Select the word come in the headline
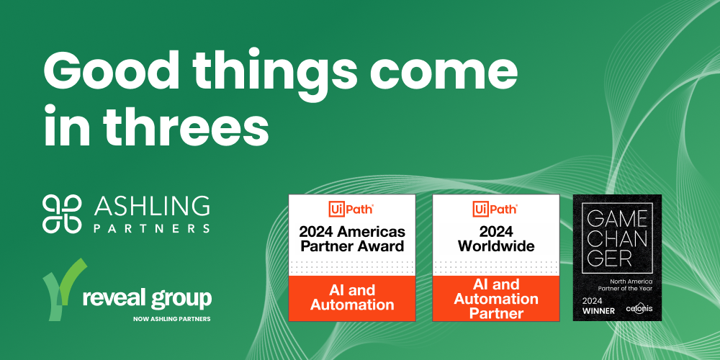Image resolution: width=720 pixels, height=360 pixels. pyautogui.click(x=446, y=73)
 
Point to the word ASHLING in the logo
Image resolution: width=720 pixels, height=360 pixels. pyautogui.click(x=151, y=207)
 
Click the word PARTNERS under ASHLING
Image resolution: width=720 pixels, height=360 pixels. pyautogui.click(x=152, y=228)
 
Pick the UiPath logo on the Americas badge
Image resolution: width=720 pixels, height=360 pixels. pyautogui.click(x=352, y=210)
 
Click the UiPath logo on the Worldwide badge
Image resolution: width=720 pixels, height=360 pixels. pyautogui.click(x=496, y=210)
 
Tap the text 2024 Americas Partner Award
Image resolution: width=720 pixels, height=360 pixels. pyautogui.click(x=352, y=238)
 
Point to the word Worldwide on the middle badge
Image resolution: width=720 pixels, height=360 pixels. pyautogui.click(x=496, y=246)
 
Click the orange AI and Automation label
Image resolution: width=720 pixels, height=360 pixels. pyautogui.click(x=352, y=297)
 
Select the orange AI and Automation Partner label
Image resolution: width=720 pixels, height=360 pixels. pyautogui.click(x=496, y=299)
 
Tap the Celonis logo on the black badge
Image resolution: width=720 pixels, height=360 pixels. pyautogui.click(x=639, y=309)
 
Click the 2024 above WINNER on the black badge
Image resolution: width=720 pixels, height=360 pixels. pyautogui.click(x=593, y=301)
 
